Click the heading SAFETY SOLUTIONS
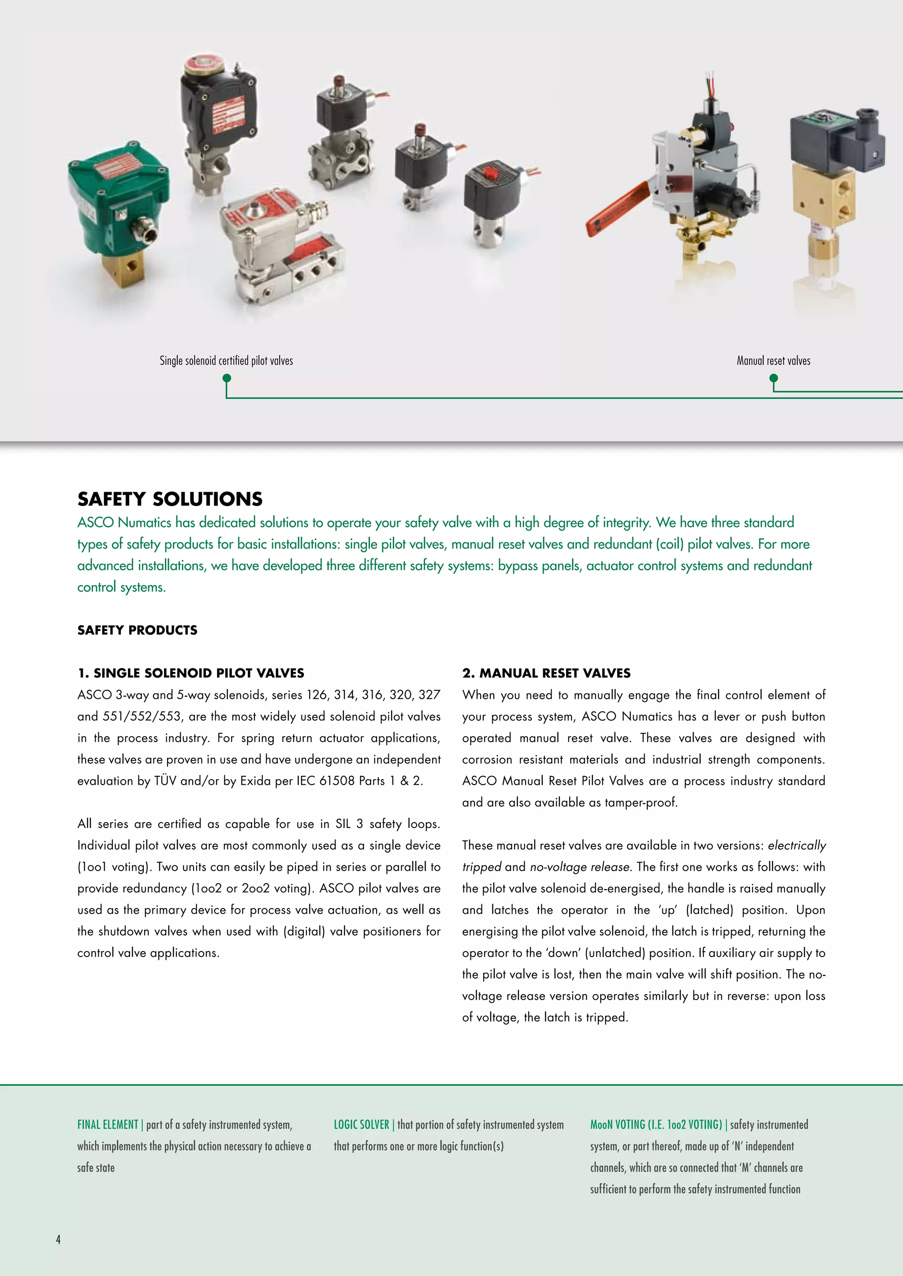click(170, 499)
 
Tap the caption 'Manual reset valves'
click(773, 361)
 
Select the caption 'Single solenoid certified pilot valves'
click(226, 361)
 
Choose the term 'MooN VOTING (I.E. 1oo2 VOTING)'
click(656, 1124)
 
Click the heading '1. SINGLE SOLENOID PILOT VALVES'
click(191, 673)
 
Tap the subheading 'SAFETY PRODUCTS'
click(137, 630)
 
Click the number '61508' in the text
click(336, 781)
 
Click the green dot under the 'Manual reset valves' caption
click(773, 378)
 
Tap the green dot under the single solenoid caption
click(226, 378)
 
